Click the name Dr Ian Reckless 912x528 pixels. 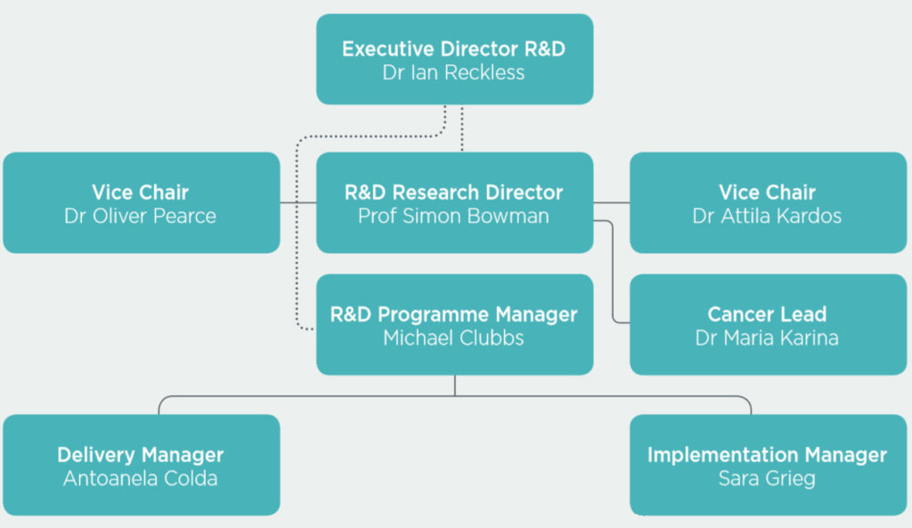[x=453, y=73]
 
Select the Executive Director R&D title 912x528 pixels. [x=453, y=49]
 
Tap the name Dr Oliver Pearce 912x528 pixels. [x=140, y=216]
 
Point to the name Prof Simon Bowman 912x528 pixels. [x=453, y=216]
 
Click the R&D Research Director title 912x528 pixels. [x=453, y=192]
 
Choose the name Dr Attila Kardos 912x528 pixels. [x=767, y=216]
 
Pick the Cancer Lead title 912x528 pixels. [x=767, y=314]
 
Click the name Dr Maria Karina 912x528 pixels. [x=767, y=337]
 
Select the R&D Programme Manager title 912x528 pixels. [x=453, y=314]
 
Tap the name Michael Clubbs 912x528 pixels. [x=453, y=337]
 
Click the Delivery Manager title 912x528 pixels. [x=140, y=455]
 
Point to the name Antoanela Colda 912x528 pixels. [x=140, y=478]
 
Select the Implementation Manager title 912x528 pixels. [x=767, y=455]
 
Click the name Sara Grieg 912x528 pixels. [x=767, y=478]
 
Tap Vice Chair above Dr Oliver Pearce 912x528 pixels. [x=140, y=192]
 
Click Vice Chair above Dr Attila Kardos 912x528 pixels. [x=767, y=192]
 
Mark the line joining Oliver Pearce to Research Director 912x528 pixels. [x=297, y=203]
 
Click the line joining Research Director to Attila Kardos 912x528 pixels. [x=611, y=203]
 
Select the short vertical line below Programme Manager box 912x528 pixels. [x=455, y=386]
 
